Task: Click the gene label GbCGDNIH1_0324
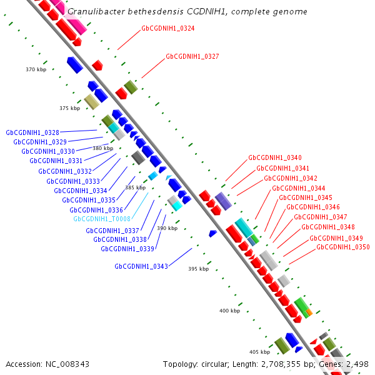click(x=168, y=28)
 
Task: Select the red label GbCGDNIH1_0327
click(x=192, y=56)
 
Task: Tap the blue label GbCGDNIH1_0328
click(x=32, y=132)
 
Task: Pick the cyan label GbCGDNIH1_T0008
click(x=102, y=219)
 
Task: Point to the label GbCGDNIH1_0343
click(x=141, y=266)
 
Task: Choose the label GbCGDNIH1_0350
click(x=343, y=247)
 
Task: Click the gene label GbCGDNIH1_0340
click(x=275, y=157)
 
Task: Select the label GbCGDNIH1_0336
click(x=96, y=210)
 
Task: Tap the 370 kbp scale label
click(x=36, y=69)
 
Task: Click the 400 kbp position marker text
click(x=229, y=311)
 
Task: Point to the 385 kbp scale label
click(x=136, y=187)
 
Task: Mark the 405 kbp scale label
click(x=260, y=352)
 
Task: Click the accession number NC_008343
click(x=67, y=364)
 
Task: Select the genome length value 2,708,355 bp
click(x=281, y=364)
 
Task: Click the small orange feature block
click(x=309, y=312)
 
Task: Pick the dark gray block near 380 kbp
click(x=138, y=157)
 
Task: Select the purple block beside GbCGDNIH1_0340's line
click(x=223, y=201)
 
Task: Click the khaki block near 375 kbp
click(x=92, y=102)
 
